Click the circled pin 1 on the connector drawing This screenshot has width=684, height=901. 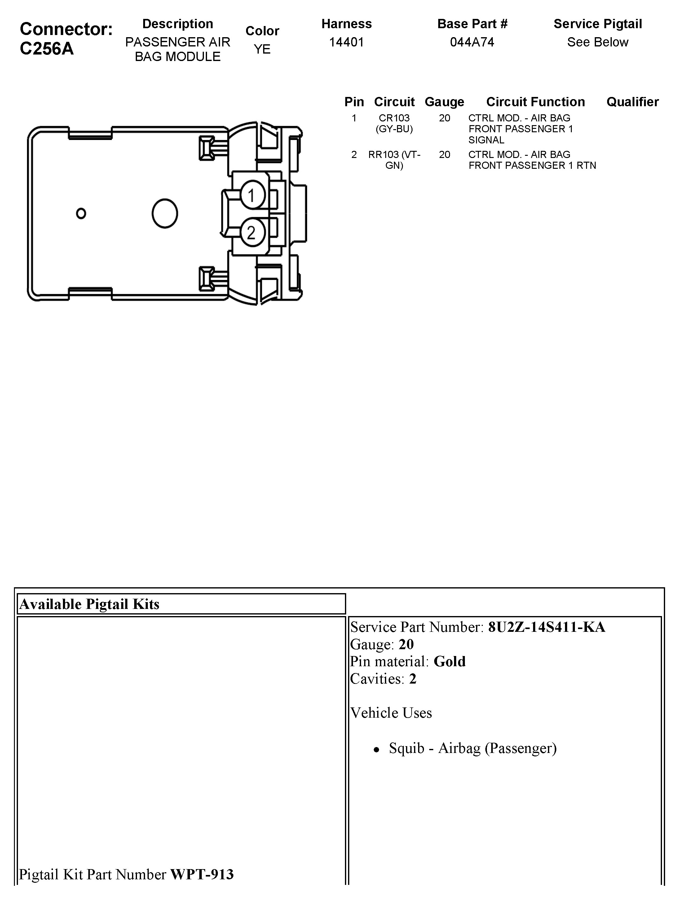[x=252, y=195]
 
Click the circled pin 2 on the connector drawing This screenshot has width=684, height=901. [x=252, y=233]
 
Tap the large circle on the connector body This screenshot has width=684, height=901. [x=165, y=213]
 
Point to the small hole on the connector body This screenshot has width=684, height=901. [x=81, y=213]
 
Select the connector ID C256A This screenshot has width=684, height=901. [x=47, y=49]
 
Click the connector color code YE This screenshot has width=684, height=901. [x=262, y=49]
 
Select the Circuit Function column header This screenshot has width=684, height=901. [x=535, y=102]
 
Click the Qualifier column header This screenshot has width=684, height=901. [x=632, y=102]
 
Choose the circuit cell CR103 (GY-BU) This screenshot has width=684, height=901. [x=394, y=123]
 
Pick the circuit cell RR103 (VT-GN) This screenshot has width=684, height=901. [x=394, y=160]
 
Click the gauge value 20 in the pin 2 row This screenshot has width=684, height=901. [x=444, y=155]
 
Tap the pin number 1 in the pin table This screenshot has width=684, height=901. [x=354, y=118]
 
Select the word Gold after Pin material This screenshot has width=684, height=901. [x=449, y=662]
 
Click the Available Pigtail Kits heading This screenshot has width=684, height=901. [x=89, y=604]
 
